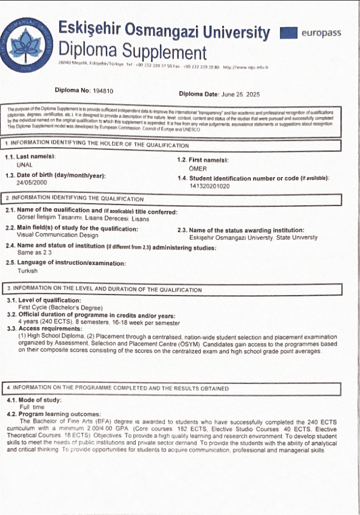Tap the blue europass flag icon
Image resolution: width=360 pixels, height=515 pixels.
point(289,33)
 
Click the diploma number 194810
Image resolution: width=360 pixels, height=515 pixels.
point(102,90)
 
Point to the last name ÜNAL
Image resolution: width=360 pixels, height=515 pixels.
point(25,165)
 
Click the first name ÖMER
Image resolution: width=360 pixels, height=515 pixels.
point(198,169)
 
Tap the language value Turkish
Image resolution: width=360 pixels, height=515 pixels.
point(28,271)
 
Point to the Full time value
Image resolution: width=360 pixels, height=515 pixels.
point(32,407)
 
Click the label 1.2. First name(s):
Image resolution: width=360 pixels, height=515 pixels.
point(202,160)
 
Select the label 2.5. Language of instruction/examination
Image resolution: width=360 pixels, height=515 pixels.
point(66,262)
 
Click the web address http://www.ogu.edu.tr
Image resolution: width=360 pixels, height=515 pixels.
point(245,67)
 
